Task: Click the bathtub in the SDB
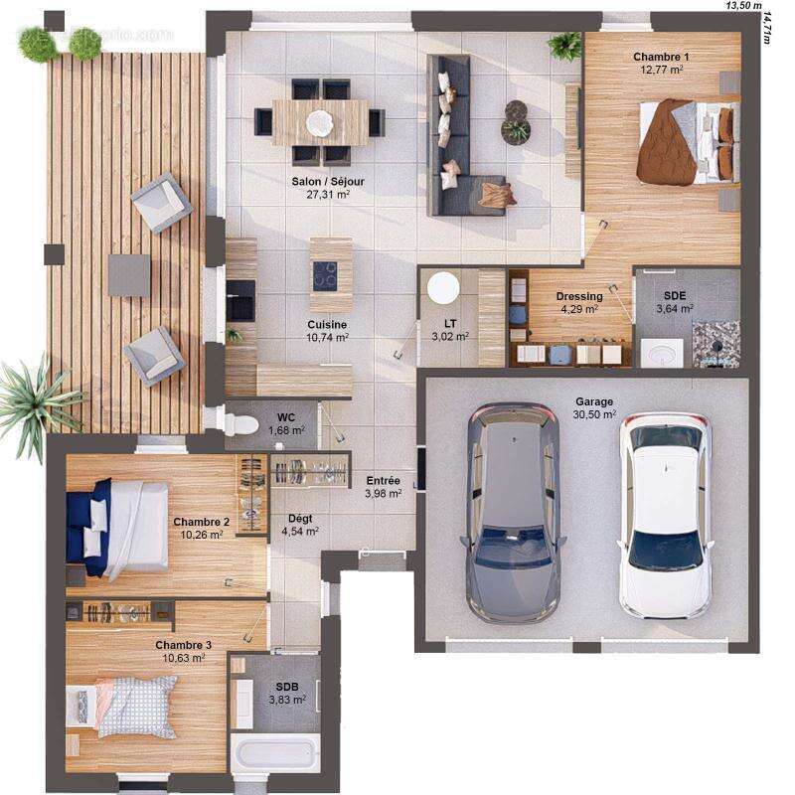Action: point(275,752)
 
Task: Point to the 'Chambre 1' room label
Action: point(661,57)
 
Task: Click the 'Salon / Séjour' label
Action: point(327,182)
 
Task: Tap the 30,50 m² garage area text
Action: point(594,414)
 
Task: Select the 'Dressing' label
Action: point(578,296)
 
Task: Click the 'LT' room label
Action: point(449,323)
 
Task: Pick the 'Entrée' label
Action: point(383,481)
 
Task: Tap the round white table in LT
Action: point(443,288)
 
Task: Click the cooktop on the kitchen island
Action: point(325,275)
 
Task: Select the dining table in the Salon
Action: point(320,122)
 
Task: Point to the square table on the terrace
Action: point(129,275)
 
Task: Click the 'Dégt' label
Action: point(299,518)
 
